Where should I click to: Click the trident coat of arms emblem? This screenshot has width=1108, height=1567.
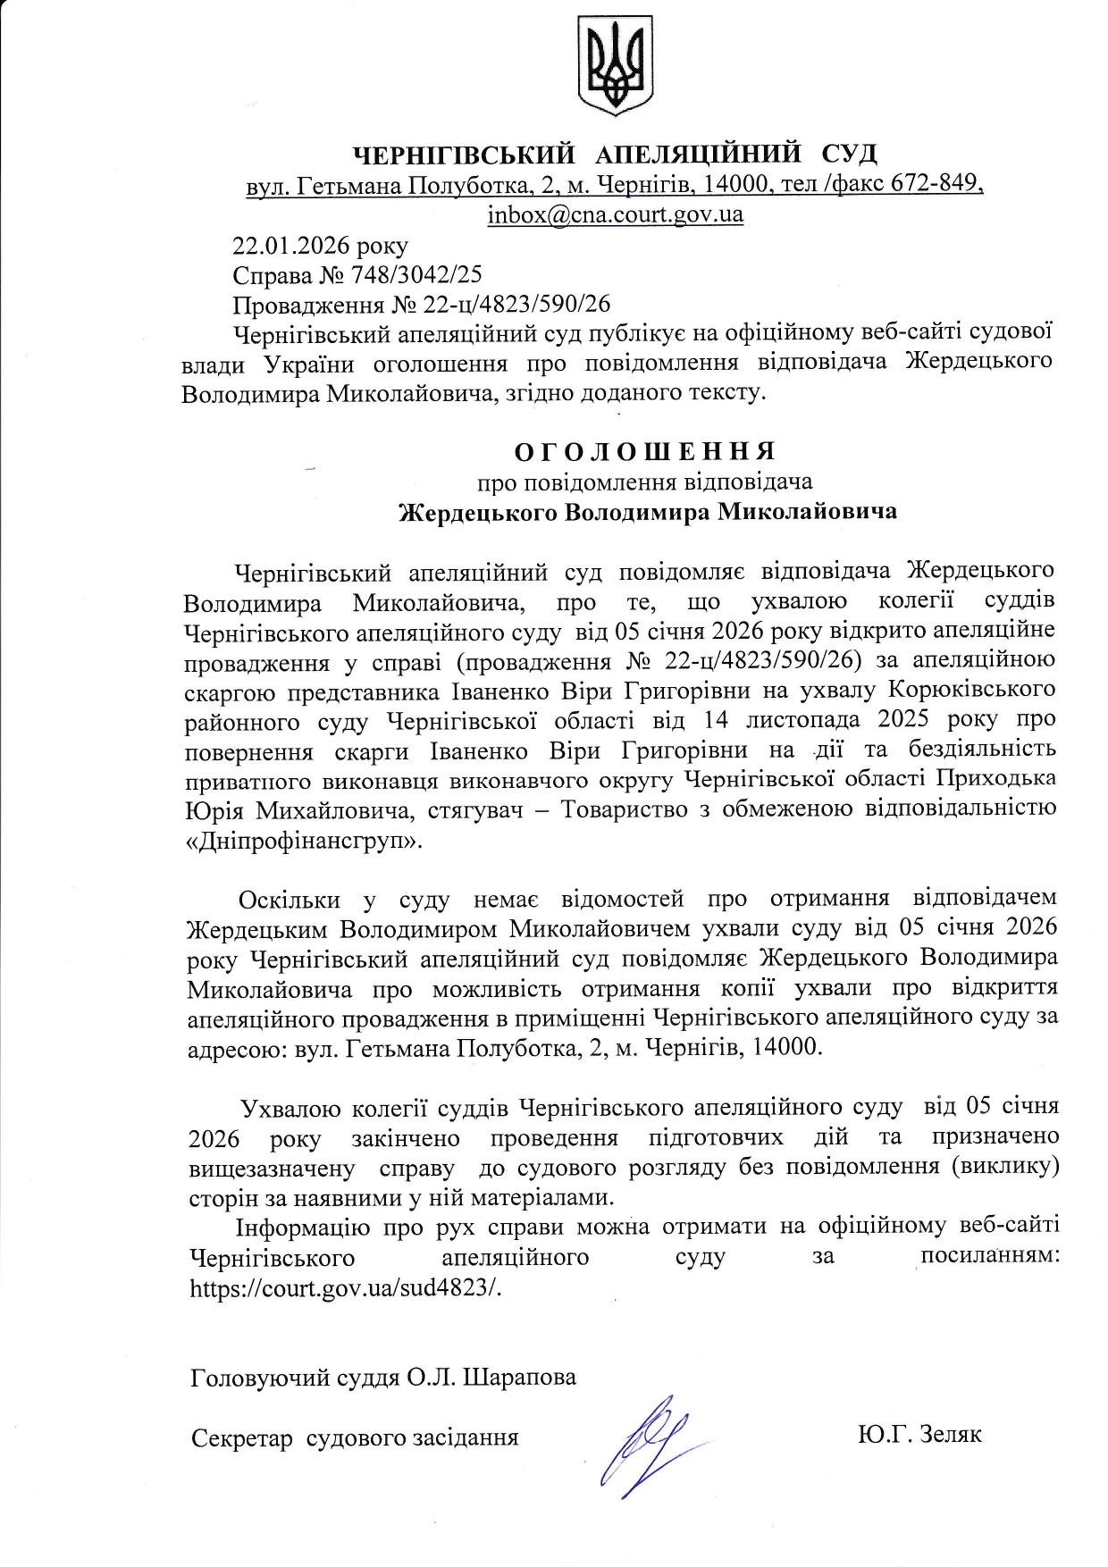point(615,64)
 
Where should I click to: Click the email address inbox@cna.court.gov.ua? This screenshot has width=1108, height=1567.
point(615,214)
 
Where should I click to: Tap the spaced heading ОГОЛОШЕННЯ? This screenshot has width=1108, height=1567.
point(645,451)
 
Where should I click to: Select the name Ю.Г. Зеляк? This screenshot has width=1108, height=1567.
point(919,1435)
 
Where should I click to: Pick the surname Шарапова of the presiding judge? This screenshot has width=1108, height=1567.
point(519,1377)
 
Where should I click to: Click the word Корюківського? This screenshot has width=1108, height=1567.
point(972,690)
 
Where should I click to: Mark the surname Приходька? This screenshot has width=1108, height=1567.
point(995,779)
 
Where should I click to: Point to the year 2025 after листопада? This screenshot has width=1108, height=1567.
point(903,719)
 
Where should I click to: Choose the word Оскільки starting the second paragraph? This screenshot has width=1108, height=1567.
point(290,899)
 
